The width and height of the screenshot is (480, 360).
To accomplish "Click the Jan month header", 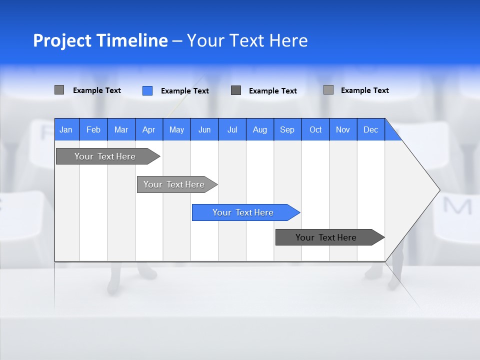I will [x=66, y=129].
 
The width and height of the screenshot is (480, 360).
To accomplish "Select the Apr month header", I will [x=149, y=129].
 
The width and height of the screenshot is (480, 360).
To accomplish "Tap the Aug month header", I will [x=260, y=129].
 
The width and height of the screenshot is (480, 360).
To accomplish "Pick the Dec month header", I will [x=371, y=129].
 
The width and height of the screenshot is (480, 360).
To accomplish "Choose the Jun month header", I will [x=204, y=129].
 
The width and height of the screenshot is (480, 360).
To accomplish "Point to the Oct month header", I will [x=315, y=129].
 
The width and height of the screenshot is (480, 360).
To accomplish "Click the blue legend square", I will [x=147, y=90].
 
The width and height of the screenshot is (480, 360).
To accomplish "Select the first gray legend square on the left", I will [x=59, y=90].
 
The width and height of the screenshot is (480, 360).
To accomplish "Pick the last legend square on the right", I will [x=328, y=90].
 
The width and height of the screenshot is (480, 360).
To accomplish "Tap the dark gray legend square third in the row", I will [x=236, y=90].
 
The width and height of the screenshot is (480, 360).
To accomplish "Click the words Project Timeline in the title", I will [x=100, y=40].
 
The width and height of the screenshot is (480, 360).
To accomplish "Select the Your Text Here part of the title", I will [x=247, y=40].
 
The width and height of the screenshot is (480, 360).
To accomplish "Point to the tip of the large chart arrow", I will [x=438, y=190].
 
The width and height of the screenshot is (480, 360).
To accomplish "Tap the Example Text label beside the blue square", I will [x=185, y=91].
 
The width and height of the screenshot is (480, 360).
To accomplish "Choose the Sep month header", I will [x=287, y=129].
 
